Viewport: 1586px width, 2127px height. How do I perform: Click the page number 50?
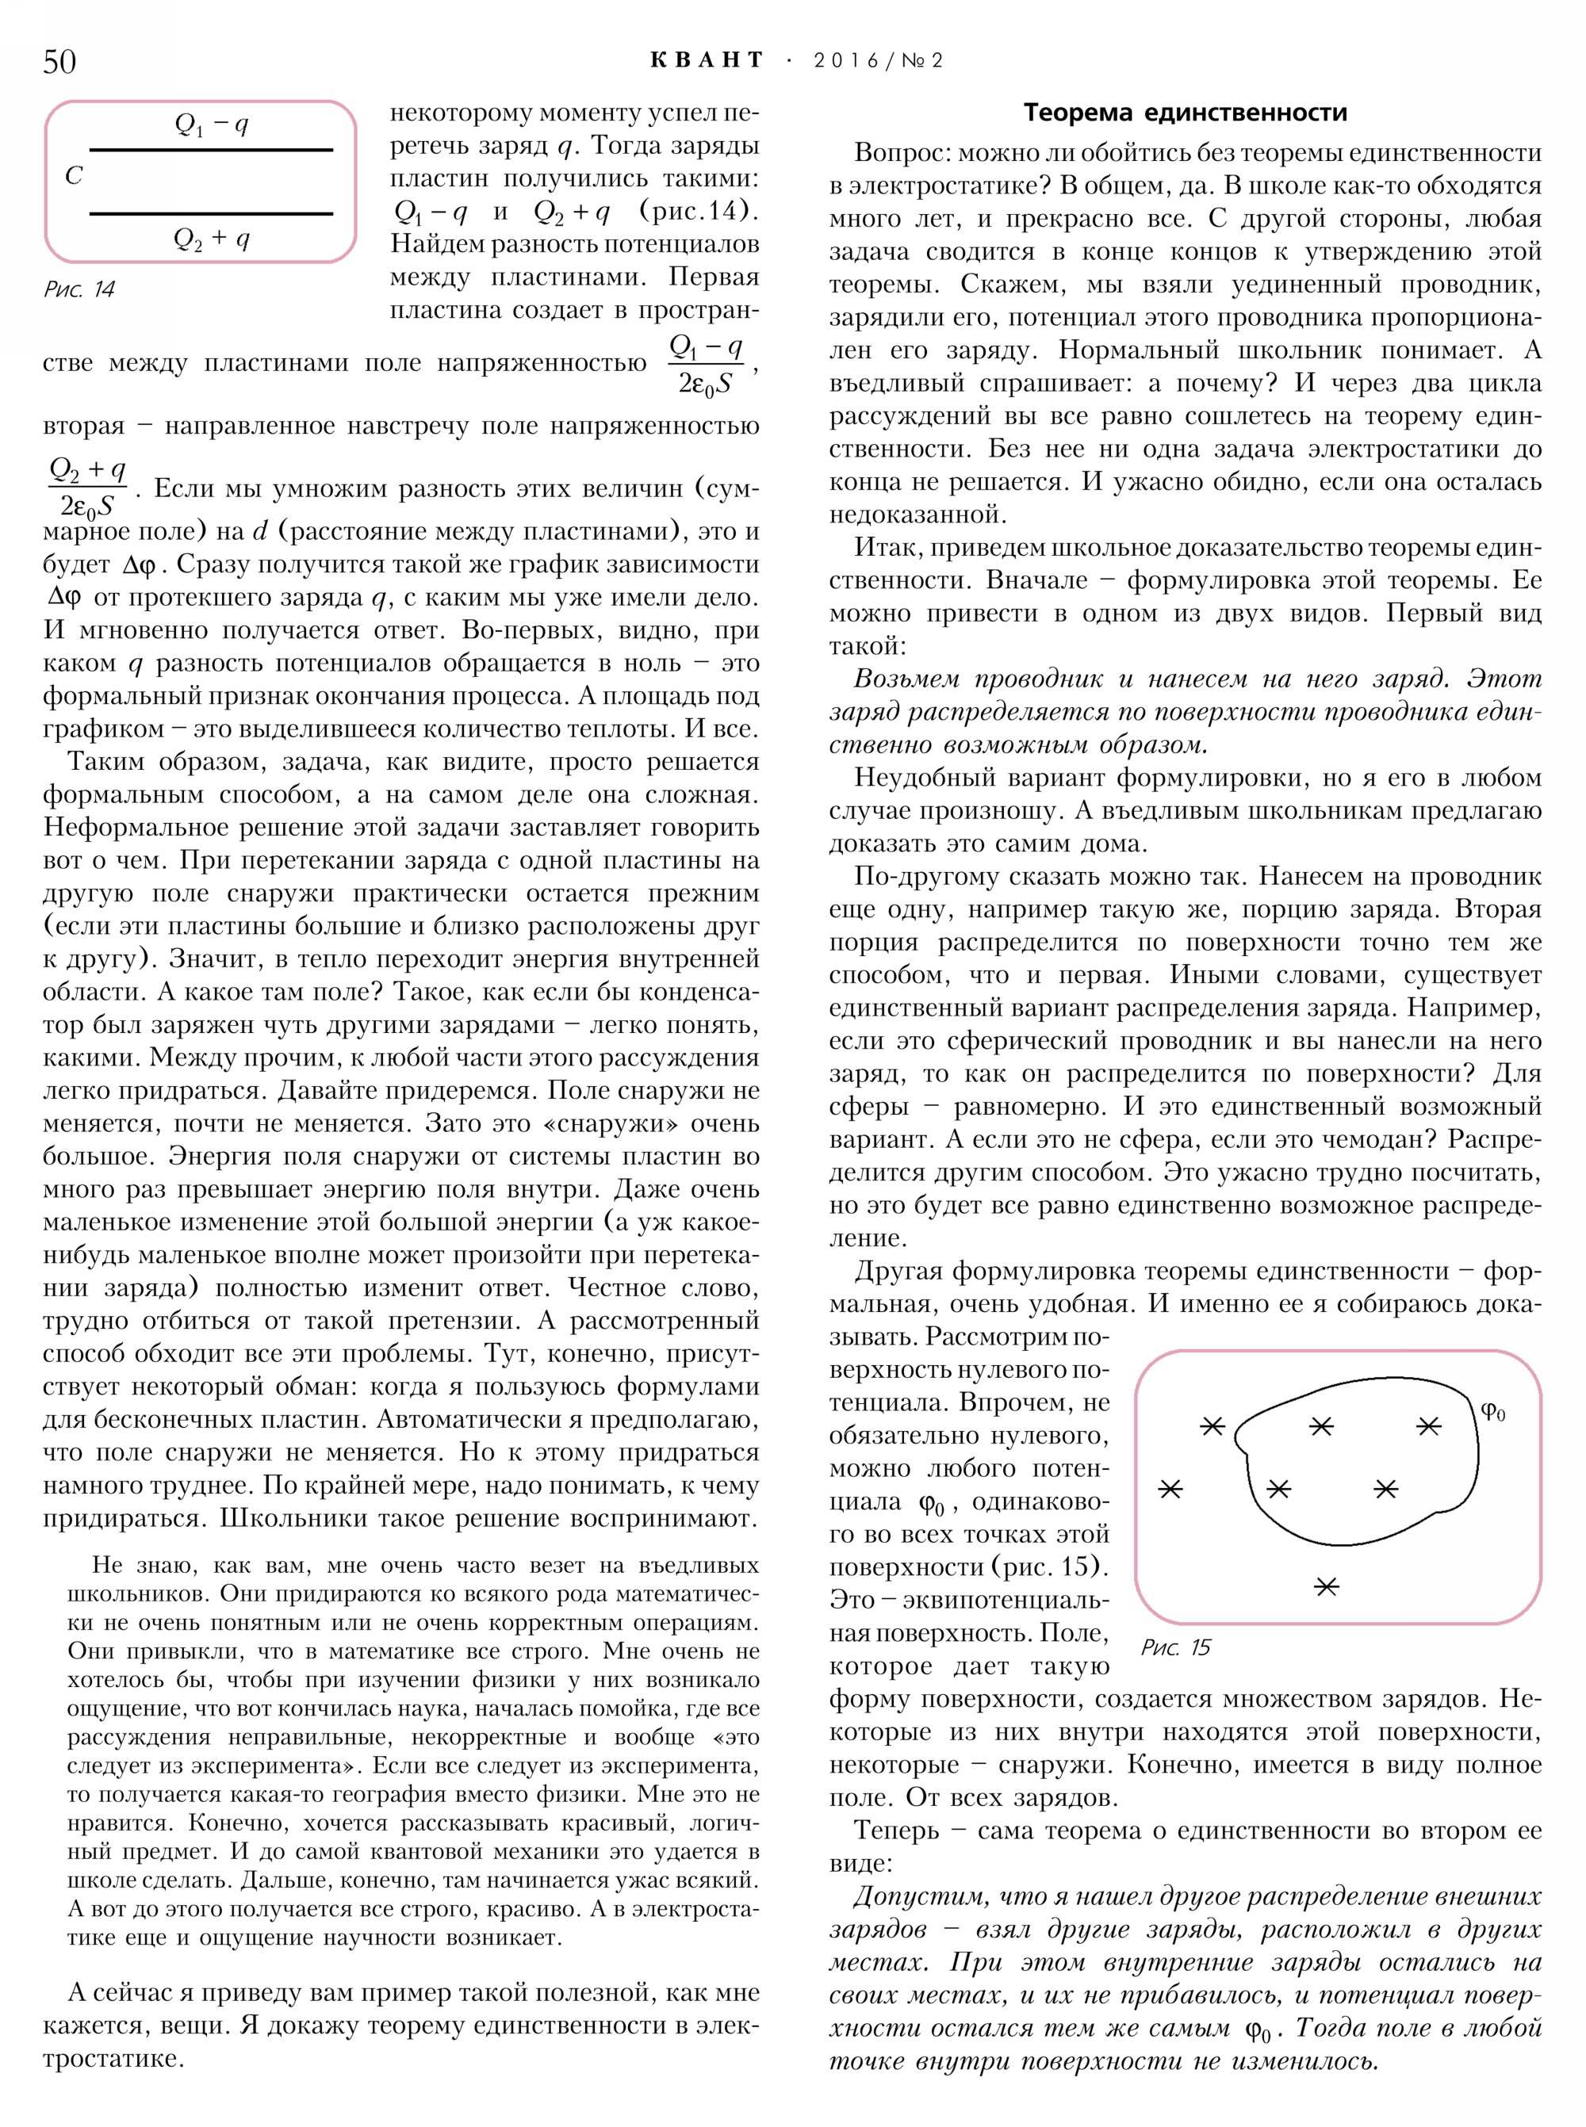pos(59,60)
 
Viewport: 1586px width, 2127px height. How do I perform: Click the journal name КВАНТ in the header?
pos(707,60)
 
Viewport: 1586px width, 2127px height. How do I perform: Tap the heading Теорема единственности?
pos(1185,113)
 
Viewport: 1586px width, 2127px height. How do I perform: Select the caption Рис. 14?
pos(79,289)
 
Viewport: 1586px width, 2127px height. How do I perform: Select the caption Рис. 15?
pos(1175,1647)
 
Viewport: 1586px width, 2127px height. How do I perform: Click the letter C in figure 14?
pos(74,176)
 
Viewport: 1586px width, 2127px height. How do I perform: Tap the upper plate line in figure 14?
pos(211,150)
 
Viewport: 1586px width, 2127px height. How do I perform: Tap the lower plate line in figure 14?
pos(211,213)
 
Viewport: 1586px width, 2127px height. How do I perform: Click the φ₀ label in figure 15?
pos(1493,1411)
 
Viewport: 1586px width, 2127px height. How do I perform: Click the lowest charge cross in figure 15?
pos(1326,1586)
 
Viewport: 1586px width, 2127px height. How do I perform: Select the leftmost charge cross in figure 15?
pos(1170,1489)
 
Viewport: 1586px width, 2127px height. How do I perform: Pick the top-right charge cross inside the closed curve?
pos(1428,1426)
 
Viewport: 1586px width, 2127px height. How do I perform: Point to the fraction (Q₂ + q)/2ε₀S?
pos(87,487)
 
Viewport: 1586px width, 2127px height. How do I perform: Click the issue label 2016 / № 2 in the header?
pos(878,60)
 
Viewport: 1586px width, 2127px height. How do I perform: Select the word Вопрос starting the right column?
pos(898,153)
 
